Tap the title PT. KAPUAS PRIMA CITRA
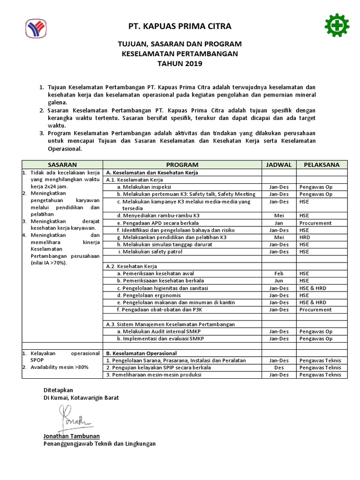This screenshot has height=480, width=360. (x=180, y=26)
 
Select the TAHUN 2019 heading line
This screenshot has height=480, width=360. (x=180, y=64)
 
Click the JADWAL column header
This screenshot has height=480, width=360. (x=278, y=165)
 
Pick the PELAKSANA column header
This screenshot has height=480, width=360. (x=322, y=165)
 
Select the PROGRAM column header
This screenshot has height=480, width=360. (x=182, y=165)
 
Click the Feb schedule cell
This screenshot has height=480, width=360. (x=278, y=273)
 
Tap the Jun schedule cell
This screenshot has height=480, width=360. (x=278, y=280)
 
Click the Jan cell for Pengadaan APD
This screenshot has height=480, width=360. (x=278, y=223)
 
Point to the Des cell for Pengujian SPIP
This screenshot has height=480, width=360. (x=278, y=367)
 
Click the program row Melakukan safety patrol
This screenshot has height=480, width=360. (x=150, y=252)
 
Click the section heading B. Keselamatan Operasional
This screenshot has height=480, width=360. (x=142, y=353)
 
